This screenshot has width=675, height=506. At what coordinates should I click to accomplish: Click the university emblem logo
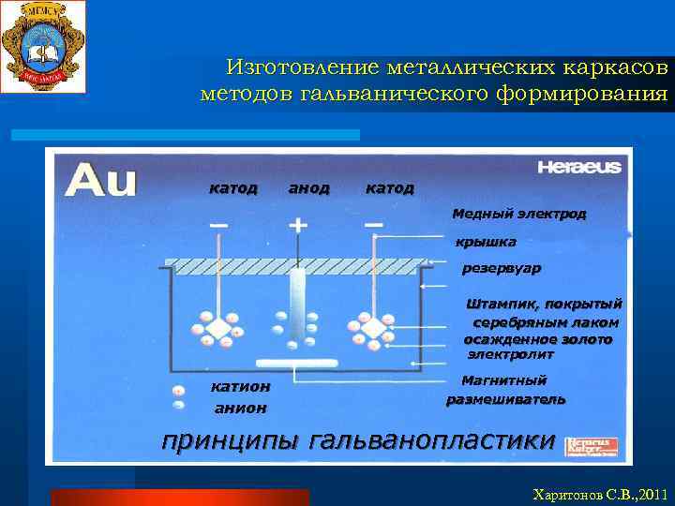[43, 46]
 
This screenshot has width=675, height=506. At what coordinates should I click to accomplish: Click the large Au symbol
[100, 179]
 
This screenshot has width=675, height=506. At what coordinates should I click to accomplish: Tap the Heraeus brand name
[578, 168]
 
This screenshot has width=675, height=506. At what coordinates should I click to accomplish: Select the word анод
[308, 188]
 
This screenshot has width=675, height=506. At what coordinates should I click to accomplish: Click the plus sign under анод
[298, 225]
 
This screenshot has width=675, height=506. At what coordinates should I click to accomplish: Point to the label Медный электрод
[518, 214]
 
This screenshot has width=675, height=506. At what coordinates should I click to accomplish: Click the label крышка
[485, 243]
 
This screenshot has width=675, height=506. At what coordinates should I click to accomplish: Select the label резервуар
[502, 269]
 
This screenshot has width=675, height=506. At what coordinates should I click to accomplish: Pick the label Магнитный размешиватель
[505, 390]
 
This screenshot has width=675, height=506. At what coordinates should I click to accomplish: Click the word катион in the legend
[240, 386]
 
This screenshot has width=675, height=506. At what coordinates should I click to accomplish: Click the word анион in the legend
[240, 408]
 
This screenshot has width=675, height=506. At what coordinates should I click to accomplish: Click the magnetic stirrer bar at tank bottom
[297, 362]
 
